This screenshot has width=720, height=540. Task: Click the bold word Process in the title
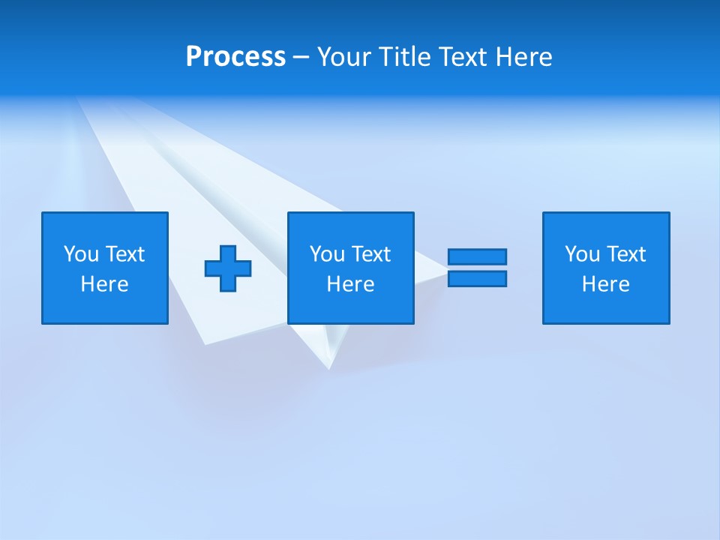235,57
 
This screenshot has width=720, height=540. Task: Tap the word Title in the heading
406,57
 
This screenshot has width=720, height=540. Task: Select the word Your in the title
345,57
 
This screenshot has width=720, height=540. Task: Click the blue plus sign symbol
228,268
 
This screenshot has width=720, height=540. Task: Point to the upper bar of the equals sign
477,256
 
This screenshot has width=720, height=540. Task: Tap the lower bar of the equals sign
477,278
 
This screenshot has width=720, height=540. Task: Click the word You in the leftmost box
82,254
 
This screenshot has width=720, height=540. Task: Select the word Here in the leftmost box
104,284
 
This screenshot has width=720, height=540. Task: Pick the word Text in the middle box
370,254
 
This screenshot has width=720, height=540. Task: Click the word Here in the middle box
350,284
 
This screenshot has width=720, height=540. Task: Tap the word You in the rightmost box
583,254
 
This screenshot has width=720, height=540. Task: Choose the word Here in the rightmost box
605,284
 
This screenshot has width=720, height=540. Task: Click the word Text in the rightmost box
625,254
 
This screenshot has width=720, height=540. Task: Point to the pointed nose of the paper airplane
328,367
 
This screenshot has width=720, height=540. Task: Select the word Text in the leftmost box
124,254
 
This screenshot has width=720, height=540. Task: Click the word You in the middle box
328,254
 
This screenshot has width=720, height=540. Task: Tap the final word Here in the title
524,57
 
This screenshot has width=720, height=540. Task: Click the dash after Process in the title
301,57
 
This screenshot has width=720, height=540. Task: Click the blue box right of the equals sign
606,268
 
